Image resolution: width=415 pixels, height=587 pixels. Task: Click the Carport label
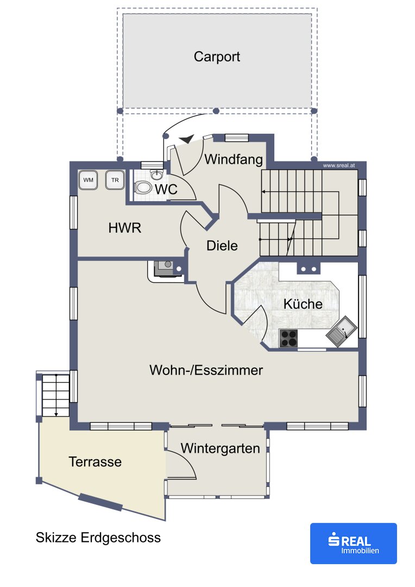[x=217, y=57]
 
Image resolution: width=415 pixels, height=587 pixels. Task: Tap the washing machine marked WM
[x=89, y=180]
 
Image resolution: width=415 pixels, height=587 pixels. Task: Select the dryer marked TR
[x=115, y=180]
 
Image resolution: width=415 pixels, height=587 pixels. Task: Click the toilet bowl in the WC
[x=143, y=187]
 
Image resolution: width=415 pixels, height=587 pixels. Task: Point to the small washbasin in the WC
[x=157, y=174]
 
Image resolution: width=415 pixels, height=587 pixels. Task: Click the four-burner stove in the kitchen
[x=288, y=339]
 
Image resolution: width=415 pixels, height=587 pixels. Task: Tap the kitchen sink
[x=342, y=332]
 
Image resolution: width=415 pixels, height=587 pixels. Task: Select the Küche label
[x=303, y=304]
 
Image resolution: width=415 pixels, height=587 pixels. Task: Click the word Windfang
[x=234, y=159]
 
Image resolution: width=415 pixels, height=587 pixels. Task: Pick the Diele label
[x=222, y=246]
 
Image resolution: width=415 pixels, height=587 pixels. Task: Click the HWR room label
[x=124, y=228]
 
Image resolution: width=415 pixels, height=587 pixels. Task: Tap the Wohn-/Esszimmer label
[x=206, y=370]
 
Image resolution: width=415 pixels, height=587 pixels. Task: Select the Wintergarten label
[x=220, y=448]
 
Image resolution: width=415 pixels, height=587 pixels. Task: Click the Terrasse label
[x=95, y=461]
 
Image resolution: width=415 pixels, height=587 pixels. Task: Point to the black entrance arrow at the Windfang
[x=186, y=139]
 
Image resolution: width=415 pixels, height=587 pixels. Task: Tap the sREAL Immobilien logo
[x=353, y=543]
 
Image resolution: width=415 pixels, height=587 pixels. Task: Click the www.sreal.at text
[x=338, y=165]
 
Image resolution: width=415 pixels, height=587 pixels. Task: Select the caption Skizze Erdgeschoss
[x=98, y=538]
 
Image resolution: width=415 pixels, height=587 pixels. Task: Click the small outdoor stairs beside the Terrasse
[x=55, y=394]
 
